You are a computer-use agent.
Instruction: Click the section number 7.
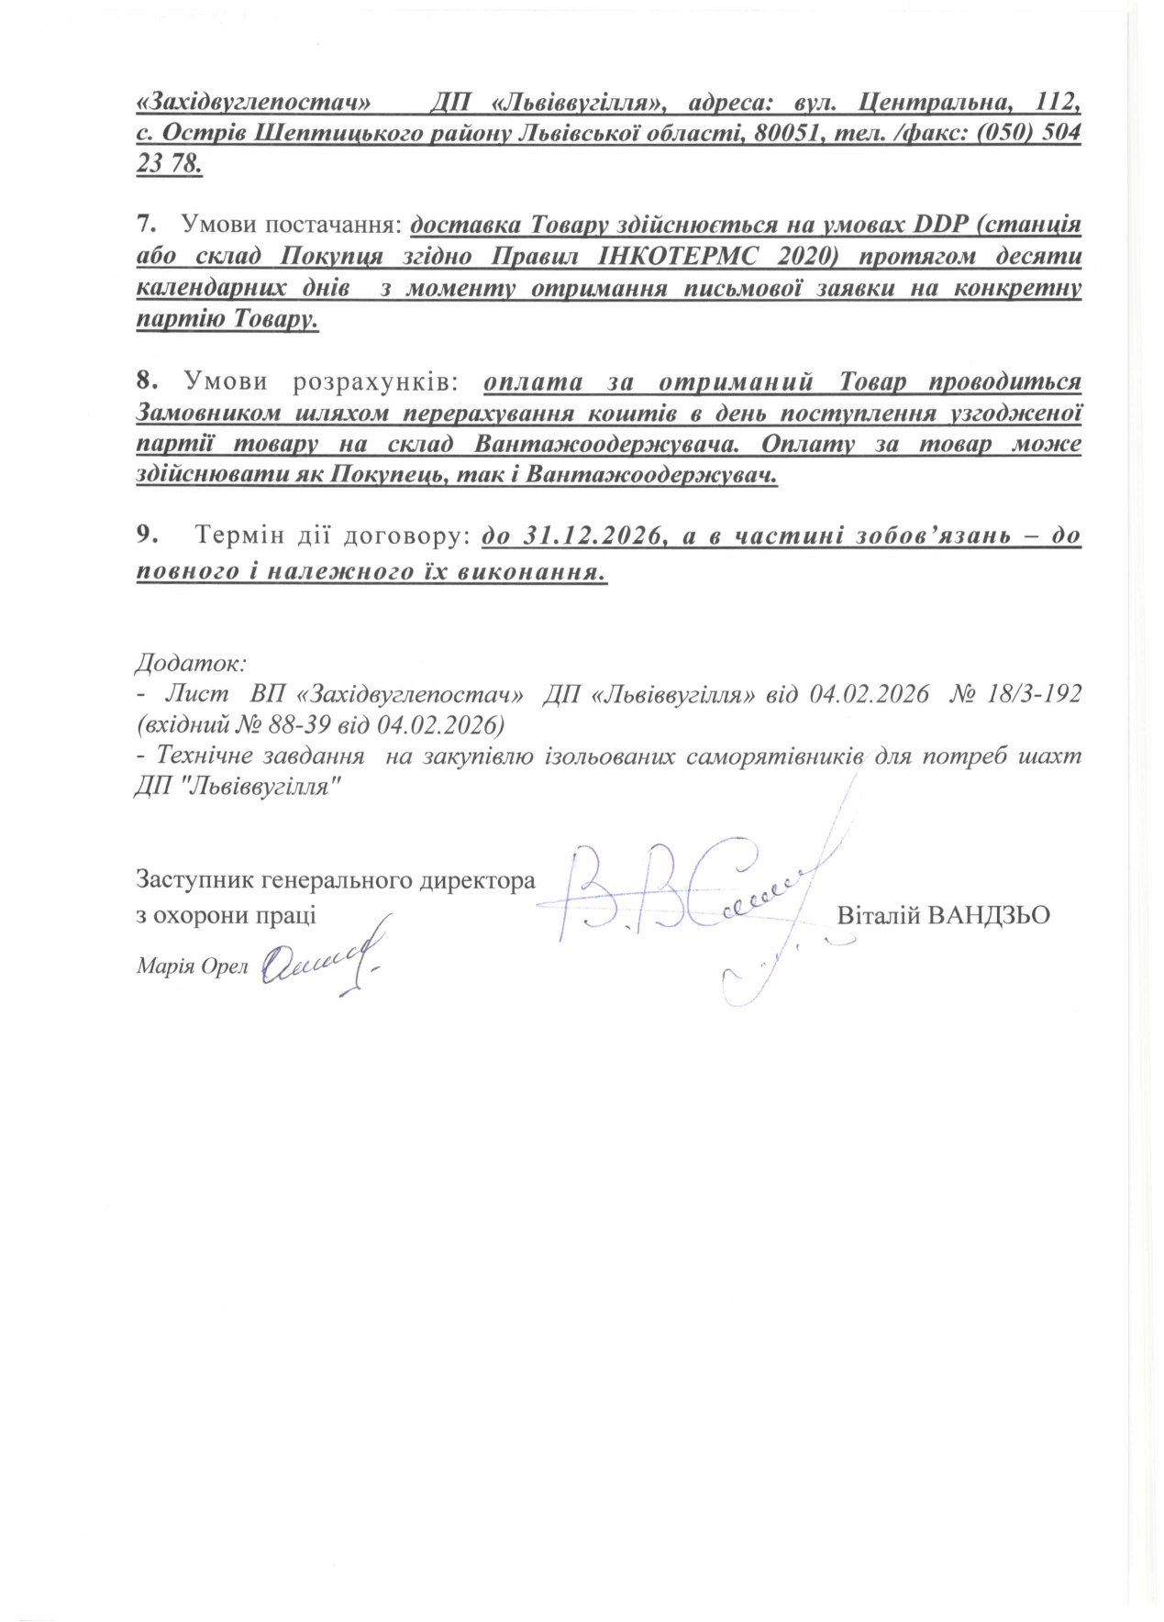pos(142,223)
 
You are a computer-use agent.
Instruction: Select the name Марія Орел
pos(192,965)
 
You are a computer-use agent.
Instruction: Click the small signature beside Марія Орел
pos(321,963)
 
